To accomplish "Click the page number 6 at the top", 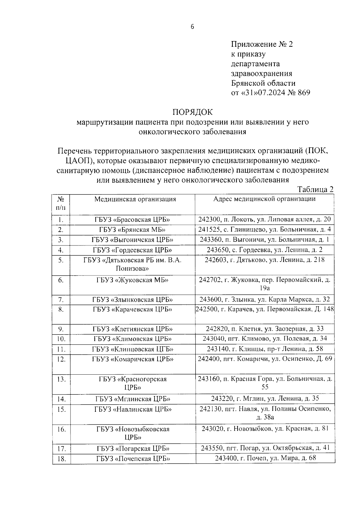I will coord(192,27).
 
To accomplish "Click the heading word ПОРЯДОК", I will coord(192,112).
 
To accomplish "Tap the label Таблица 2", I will coord(315,189).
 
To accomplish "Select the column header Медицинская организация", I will coord(135,199).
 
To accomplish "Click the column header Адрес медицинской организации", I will coord(264,199).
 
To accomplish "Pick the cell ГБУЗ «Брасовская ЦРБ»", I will coord(133,219).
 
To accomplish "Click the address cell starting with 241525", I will coord(264,230).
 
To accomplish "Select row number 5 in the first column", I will coord(61,260).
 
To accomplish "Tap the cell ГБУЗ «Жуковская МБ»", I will coord(133,280).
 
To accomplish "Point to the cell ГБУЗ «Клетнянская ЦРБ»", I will coord(133,329).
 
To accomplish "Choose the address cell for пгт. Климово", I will coord(265,339).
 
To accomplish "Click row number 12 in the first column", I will coord(61,359).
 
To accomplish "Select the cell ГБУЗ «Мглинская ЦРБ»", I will coord(133,399).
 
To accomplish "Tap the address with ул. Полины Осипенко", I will coord(265,412).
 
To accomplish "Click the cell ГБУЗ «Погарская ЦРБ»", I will coord(133,449).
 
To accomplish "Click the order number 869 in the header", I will coord(304,93).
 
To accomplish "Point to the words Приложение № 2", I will coord(262,44).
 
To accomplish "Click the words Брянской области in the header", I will coord(263,83).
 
